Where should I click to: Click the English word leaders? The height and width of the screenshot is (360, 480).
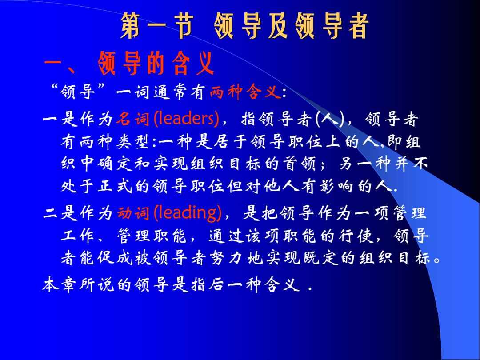[x=186, y=119]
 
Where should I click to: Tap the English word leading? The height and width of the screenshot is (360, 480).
[x=187, y=213]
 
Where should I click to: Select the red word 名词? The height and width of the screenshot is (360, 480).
[x=133, y=119]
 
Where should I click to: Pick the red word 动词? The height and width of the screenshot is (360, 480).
[x=133, y=214]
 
